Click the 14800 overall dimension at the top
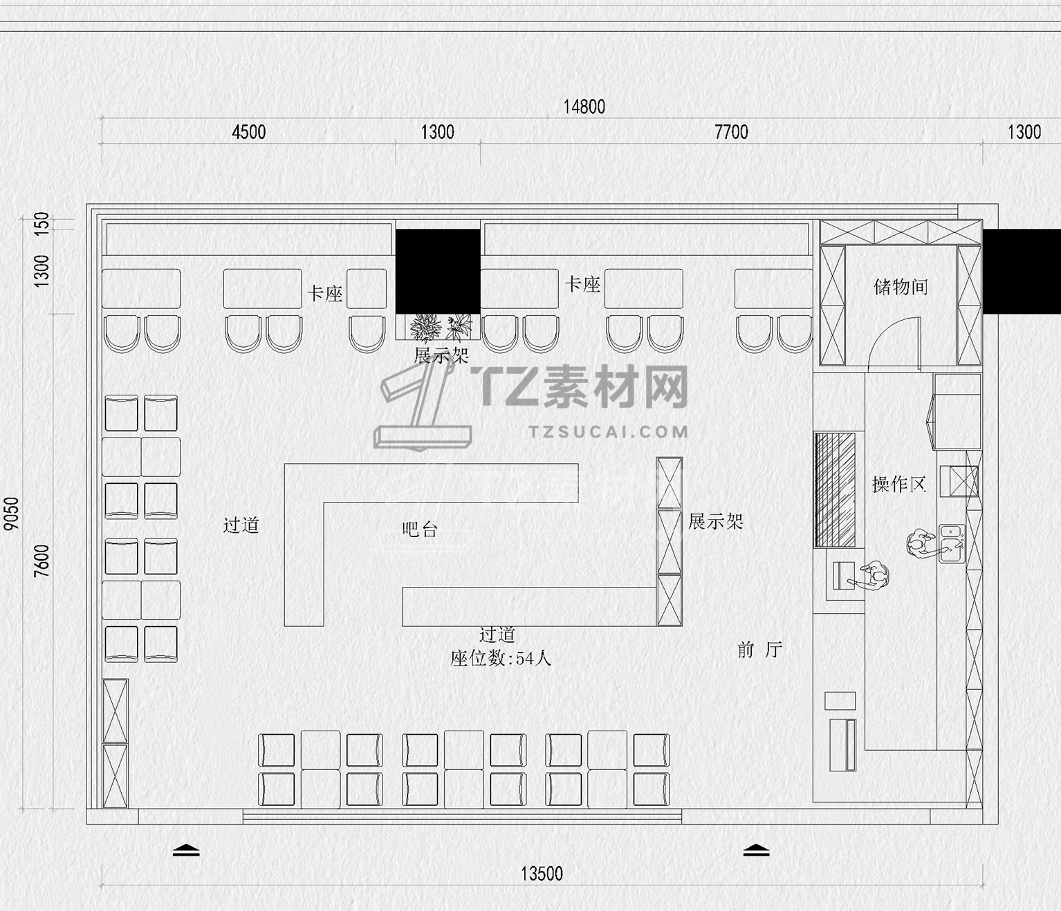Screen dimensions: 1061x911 (584, 106)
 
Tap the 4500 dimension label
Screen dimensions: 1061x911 (249, 132)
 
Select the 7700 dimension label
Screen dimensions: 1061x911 (732, 132)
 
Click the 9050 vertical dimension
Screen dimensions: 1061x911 (11, 514)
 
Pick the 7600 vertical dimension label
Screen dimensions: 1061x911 (41, 561)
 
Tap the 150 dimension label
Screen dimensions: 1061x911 (41, 224)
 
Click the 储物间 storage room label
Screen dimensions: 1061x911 (901, 287)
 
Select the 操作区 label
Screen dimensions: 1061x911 (898, 485)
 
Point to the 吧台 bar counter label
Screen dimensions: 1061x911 (420, 529)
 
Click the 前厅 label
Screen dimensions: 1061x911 (759, 650)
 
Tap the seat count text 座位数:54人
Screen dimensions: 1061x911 (501, 658)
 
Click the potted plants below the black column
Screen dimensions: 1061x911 (441, 328)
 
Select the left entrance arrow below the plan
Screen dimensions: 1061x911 (186, 850)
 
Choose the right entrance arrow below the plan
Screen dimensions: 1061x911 (757, 850)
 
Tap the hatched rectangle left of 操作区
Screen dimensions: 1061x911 (835, 490)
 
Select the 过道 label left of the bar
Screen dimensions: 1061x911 (241, 525)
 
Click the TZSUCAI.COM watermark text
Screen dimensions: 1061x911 (609, 432)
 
